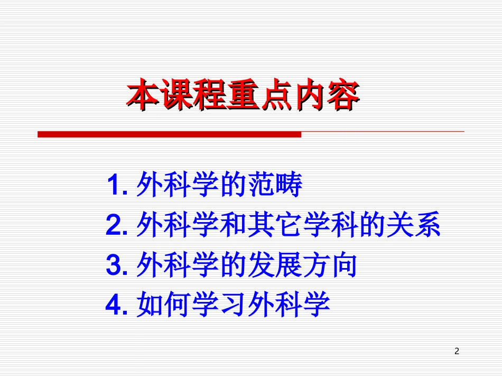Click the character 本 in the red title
(143, 95)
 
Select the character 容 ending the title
(341, 95)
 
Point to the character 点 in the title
(275, 95)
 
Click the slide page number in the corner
(457, 351)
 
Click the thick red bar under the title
(169, 135)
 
